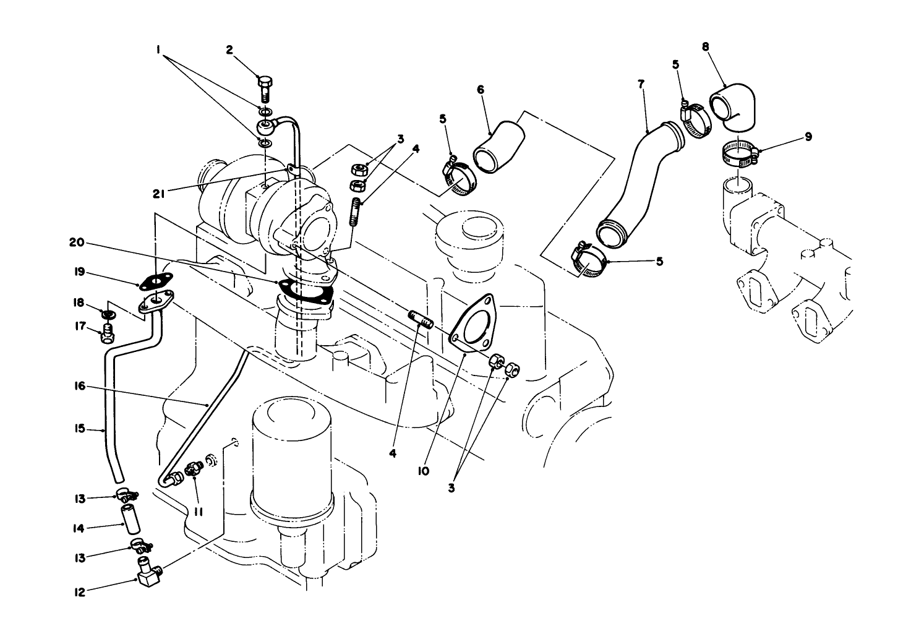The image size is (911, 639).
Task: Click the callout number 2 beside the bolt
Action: click(229, 50)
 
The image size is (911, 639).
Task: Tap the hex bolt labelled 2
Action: click(264, 87)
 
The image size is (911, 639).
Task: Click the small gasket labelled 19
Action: click(155, 282)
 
